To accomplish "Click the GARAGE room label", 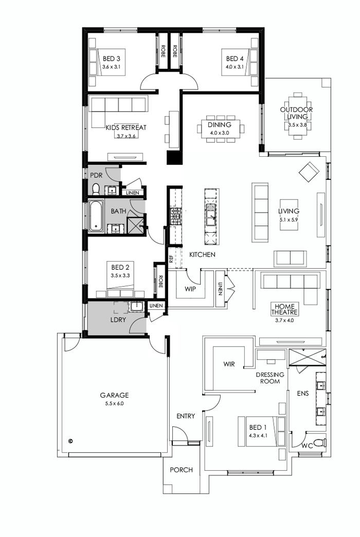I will click(x=114, y=395).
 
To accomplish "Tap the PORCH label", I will click(x=181, y=470).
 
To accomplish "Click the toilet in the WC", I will click(x=319, y=442).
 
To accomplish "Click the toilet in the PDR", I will click(x=96, y=190).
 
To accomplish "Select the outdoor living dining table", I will click(x=297, y=116).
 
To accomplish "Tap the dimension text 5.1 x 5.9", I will click(x=289, y=219).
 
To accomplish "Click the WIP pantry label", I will click(x=190, y=289).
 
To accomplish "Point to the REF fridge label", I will click(x=172, y=257).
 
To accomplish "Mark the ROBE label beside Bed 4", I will click(x=175, y=50).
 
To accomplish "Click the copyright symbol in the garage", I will click(x=70, y=440).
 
